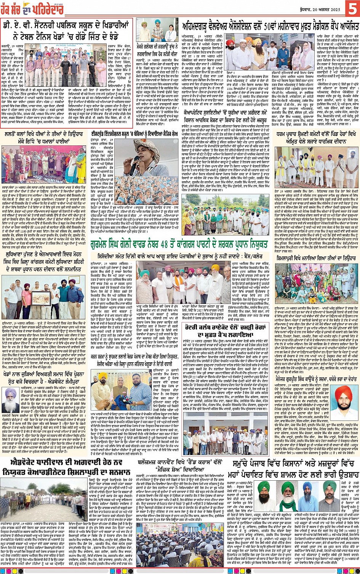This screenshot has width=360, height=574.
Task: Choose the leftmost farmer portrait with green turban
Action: pyautogui.click(x=264, y=491)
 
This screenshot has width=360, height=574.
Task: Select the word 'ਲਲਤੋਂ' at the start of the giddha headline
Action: pyautogui.click(x=13, y=134)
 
